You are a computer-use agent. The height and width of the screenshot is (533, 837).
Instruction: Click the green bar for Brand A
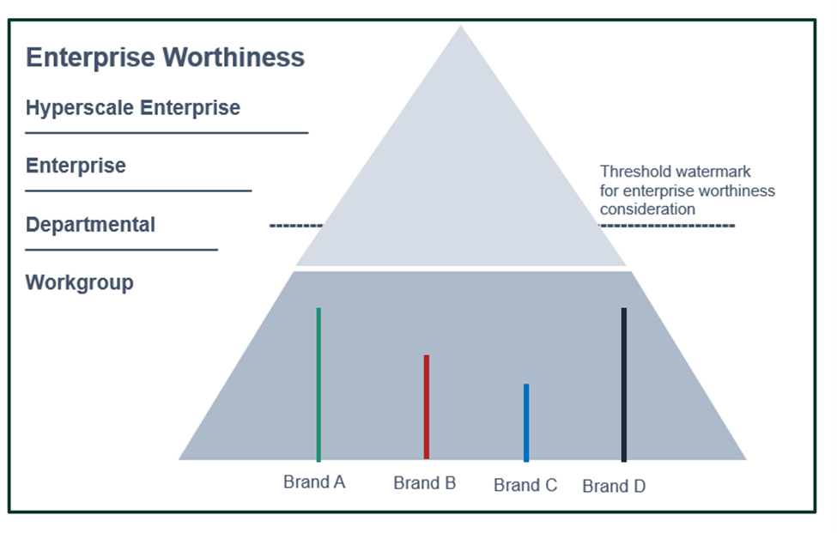click(318, 385)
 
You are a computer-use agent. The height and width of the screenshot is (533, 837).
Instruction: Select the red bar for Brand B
click(427, 407)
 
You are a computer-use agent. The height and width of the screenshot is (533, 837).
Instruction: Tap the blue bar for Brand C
click(526, 422)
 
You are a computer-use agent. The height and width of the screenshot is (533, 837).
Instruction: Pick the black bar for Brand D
click(623, 385)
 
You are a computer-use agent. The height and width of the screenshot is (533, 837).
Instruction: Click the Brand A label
click(314, 482)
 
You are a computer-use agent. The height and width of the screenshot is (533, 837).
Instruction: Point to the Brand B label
click(425, 483)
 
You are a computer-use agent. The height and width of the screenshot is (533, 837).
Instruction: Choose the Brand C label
click(525, 485)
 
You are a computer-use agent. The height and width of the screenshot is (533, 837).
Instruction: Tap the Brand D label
click(614, 486)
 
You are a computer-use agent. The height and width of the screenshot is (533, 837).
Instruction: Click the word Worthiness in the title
click(234, 58)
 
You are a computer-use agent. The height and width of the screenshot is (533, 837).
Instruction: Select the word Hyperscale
click(80, 108)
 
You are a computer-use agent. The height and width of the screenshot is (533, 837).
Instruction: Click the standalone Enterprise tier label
click(76, 166)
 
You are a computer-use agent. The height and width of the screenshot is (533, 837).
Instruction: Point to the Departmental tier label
click(91, 225)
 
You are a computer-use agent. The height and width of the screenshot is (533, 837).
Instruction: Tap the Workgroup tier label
click(80, 282)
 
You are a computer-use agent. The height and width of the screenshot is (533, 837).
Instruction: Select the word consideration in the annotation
click(647, 209)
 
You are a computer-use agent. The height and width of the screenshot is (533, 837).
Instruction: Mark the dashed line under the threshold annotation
click(666, 226)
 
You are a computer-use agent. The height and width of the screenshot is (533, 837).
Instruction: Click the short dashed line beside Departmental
click(296, 226)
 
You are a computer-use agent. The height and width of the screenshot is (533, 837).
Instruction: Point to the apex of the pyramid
click(461, 26)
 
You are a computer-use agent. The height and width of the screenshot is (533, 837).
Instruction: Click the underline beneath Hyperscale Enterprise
click(167, 133)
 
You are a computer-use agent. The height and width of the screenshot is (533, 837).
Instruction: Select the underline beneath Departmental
click(121, 249)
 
